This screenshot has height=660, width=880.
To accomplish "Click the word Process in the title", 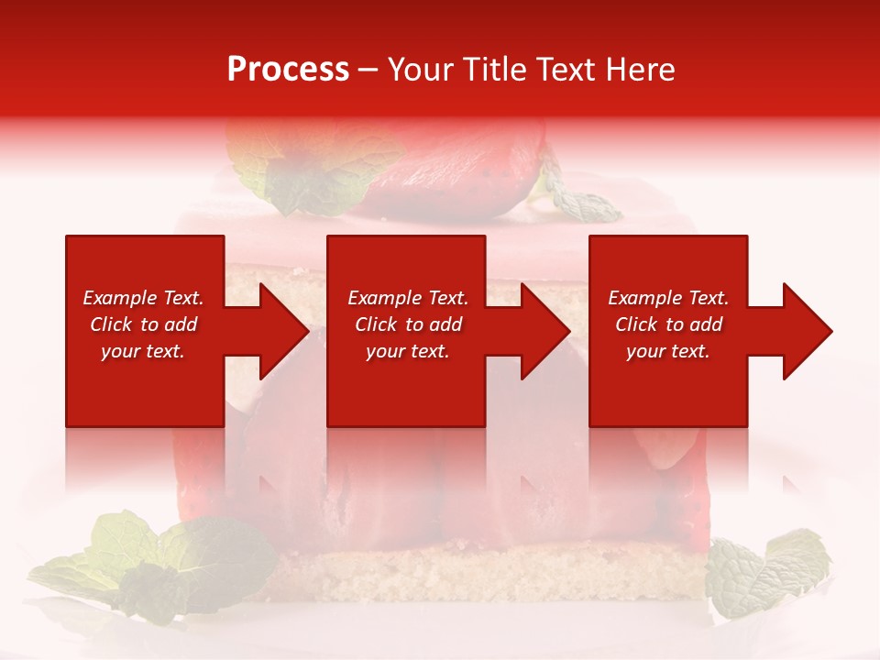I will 288,69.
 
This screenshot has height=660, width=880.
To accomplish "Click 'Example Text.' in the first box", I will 143,298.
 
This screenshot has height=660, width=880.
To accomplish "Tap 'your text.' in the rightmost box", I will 667,351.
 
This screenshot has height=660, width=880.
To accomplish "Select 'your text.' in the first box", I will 143,351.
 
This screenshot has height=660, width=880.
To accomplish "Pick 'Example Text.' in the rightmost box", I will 668,298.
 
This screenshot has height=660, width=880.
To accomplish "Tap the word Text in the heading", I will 568,69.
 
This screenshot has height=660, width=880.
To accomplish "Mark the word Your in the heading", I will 423,69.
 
